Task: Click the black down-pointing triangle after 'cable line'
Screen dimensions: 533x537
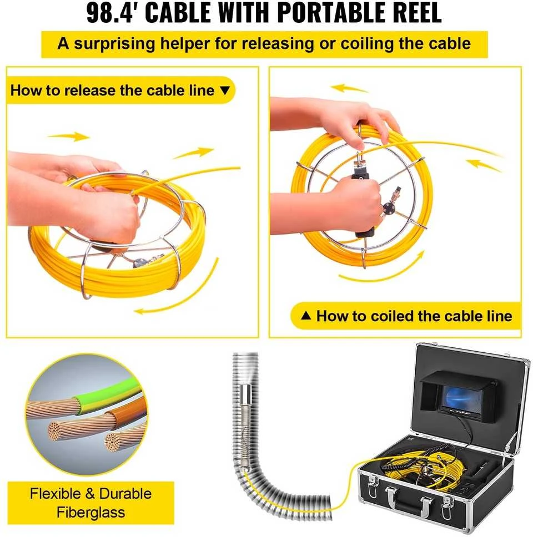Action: pos(224,90)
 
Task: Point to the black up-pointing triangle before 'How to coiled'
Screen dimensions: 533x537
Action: pos(306,316)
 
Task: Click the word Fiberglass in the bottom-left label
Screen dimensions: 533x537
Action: pos(91,513)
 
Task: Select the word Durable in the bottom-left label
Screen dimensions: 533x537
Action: pos(125,494)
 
